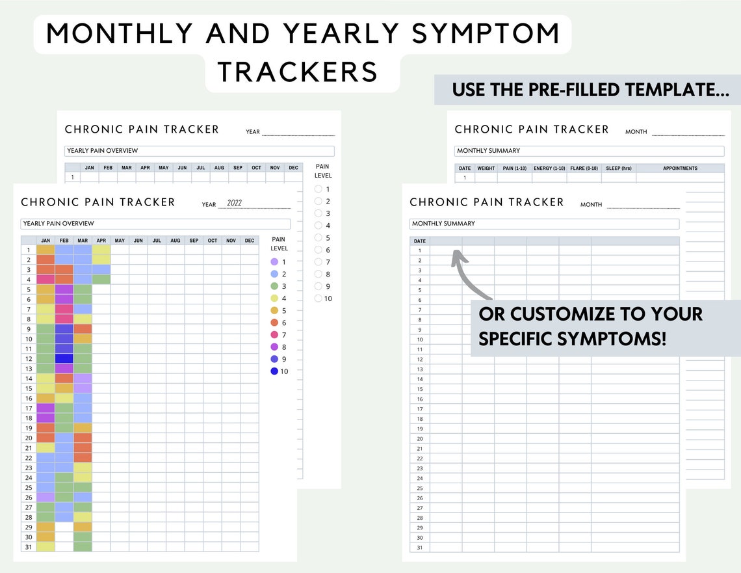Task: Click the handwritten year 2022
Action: [234, 203]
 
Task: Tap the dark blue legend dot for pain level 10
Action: [274, 371]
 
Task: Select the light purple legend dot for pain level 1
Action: [274, 261]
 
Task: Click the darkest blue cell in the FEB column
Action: [64, 358]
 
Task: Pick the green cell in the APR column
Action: [101, 279]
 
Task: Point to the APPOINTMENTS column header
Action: [680, 168]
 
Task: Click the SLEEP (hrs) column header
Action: [619, 168]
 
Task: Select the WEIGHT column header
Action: [486, 168]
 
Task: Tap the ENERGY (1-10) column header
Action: [549, 168]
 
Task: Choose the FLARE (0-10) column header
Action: [584, 168]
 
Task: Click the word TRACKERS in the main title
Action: [298, 72]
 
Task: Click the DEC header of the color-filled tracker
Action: [250, 241]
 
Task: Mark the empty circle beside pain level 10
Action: [318, 299]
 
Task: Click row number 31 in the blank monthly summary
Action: [419, 547]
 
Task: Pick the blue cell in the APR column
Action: [101, 269]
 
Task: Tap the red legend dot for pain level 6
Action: [274, 323]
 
